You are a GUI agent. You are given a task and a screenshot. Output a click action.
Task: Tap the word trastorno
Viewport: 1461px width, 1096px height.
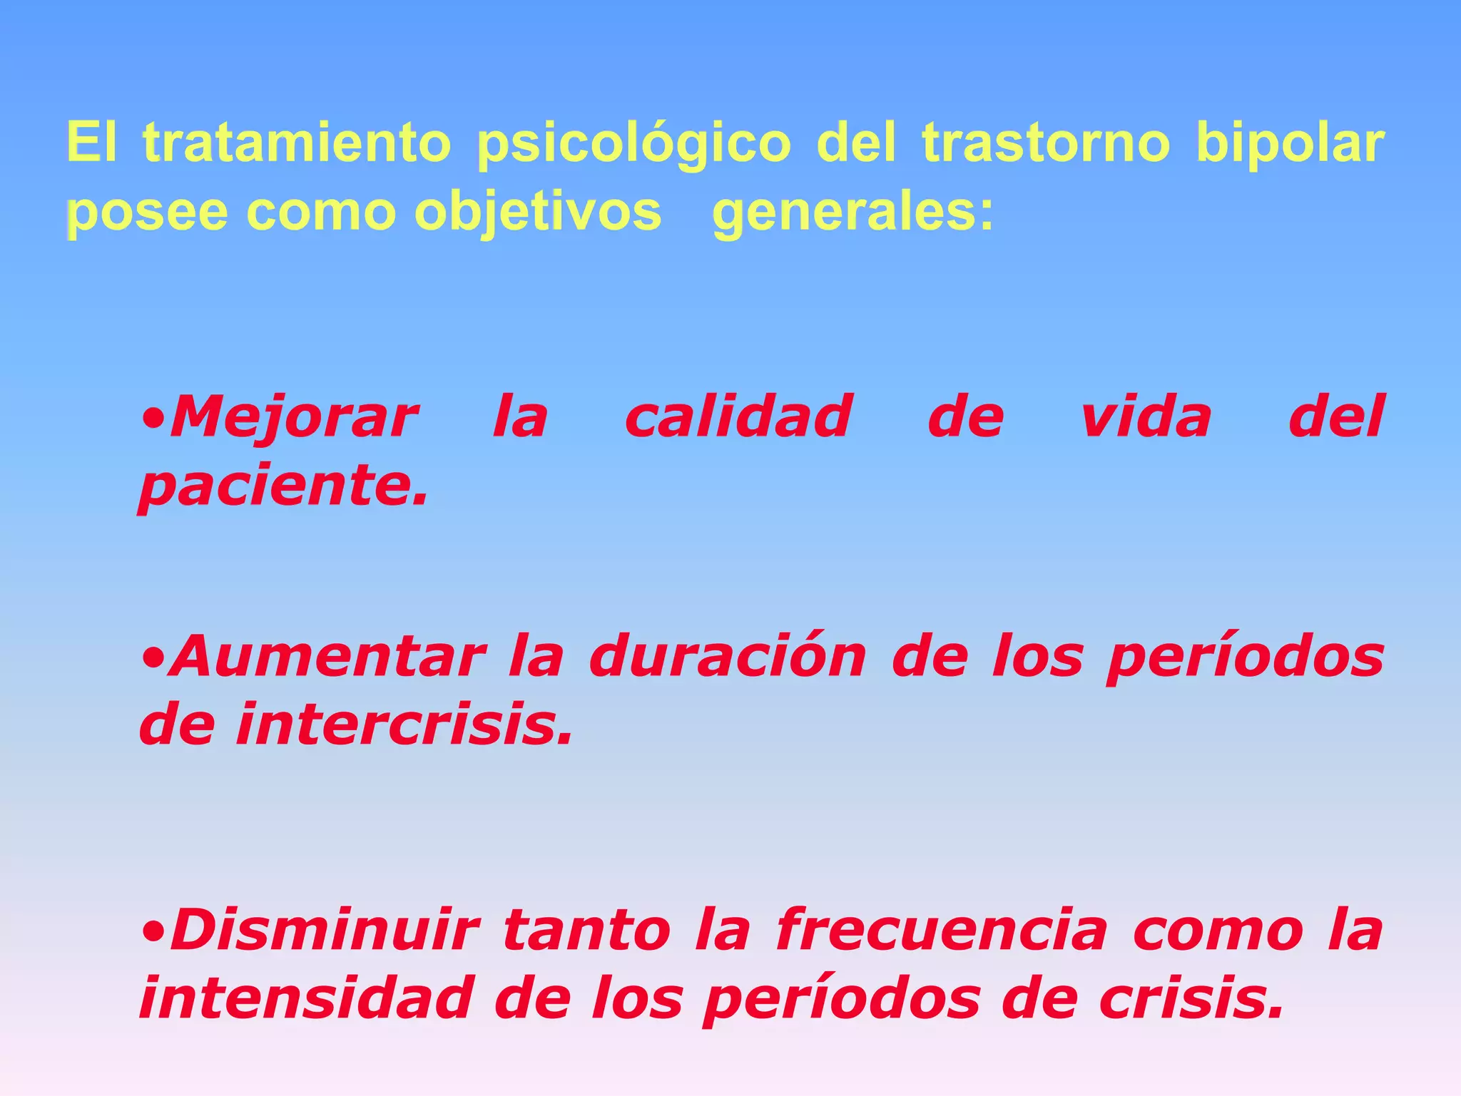(1046, 143)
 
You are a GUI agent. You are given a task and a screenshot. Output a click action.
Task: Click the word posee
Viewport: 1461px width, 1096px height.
(148, 212)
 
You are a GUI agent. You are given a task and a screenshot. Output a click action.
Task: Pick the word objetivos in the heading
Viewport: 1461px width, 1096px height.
(538, 212)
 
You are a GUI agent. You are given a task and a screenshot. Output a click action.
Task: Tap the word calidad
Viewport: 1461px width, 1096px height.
(738, 416)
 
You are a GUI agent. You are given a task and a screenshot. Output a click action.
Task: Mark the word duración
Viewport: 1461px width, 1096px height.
(728, 657)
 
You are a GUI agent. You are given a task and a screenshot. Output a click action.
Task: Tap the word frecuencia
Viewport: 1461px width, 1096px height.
(942, 930)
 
